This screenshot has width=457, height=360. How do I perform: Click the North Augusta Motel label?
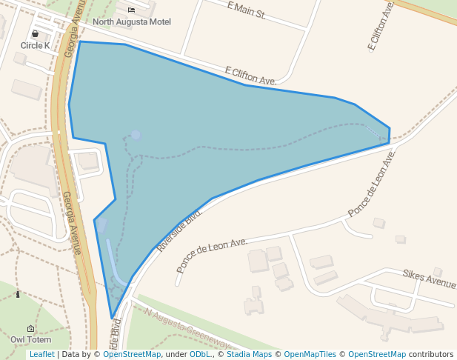pyautogui.click(x=131, y=22)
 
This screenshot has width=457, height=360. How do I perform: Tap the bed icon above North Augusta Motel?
pyautogui.click(x=131, y=10)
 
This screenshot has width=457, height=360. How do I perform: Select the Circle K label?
pyautogui.click(x=35, y=46)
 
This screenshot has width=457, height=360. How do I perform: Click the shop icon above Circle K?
pyautogui.click(x=35, y=34)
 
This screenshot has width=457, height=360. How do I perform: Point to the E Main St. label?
pyautogui.click(x=246, y=10)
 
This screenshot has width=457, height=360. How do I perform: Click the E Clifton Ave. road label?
pyautogui.click(x=250, y=76)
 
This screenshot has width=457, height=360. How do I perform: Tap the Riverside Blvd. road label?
pyautogui.click(x=179, y=230)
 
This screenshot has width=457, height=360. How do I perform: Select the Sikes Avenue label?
pyautogui.click(x=429, y=279)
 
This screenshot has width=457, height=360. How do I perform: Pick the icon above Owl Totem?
pyautogui.click(x=30, y=328)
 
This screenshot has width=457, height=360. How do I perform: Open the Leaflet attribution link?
pyautogui.click(x=41, y=355)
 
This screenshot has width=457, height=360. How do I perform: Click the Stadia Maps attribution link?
pyautogui.click(x=249, y=355)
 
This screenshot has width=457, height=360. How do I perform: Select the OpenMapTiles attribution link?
pyautogui.click(x=310, y=355)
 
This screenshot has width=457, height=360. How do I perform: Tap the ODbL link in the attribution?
pyautogui.click(x=200, y=355)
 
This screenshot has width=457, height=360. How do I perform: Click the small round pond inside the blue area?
pyautogui.click(x=136, y=135)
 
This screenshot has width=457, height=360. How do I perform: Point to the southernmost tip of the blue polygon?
pyautogui.click(x=113, y=319)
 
